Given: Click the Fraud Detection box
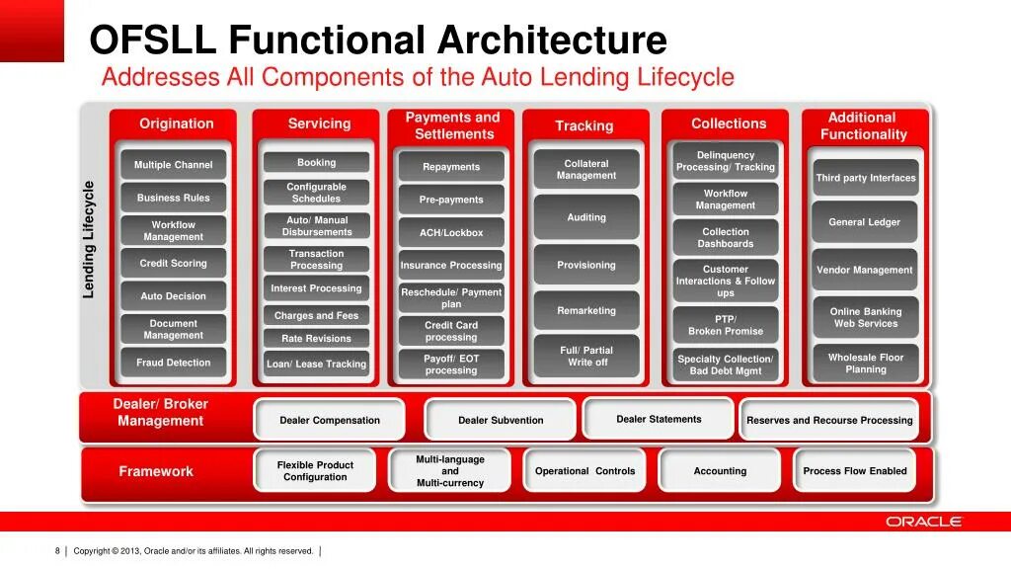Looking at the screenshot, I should [x=174, y=363].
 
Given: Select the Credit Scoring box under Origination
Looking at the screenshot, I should [x=174, y=264].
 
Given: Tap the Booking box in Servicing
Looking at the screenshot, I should [x=316, y=163].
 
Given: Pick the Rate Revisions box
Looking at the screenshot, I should [x=316, y=338].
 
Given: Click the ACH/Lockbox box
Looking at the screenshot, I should [x=451, y=233].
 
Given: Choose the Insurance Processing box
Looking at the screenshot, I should [x=451, y=266].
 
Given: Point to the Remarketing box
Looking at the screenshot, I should [x=586, y=311].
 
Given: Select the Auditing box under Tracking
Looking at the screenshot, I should [x=586, y=217].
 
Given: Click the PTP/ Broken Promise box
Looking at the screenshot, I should [x=726, y=325].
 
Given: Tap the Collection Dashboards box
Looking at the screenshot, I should [x=726, y=238].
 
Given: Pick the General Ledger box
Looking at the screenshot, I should [x=865, y=222].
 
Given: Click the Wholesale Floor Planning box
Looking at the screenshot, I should [x=865, y=364].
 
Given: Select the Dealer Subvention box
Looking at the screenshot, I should [x=501, y=420].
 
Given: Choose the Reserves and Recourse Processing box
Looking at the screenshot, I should [x=829, y=420].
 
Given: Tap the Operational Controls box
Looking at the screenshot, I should [x=585, y=471].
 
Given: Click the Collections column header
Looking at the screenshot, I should [x=729, y=123].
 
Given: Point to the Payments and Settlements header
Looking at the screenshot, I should [x=453, y=125].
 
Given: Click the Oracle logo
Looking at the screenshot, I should [x=923, y=522].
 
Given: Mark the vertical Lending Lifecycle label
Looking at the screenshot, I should [x=89, y=239].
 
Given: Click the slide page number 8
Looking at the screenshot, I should [x=57, y=551].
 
